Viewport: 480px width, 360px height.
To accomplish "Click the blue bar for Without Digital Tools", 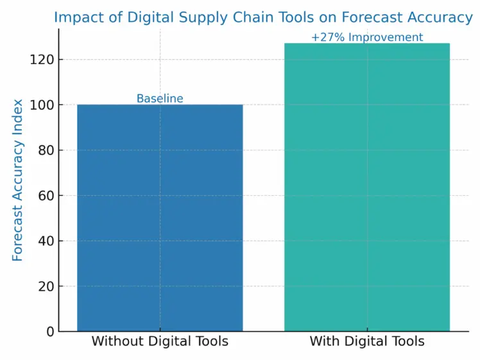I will (x=160, y=218).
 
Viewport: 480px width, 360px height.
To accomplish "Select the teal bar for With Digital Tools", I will (x=367, y=187).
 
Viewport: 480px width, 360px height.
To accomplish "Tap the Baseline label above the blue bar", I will (x=160, y=99).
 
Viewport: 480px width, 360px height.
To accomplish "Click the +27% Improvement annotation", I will (x=367, y=37).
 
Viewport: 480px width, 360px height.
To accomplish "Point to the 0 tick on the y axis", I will (x=49, y=331).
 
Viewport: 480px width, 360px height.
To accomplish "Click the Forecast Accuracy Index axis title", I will (x=18, y=180).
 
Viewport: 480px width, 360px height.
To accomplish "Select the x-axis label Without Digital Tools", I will (x=160, y=341).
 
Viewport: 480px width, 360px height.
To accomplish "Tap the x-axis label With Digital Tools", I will (x=367, y=341).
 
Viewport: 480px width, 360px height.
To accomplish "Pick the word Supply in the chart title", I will (x=185, y=17).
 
